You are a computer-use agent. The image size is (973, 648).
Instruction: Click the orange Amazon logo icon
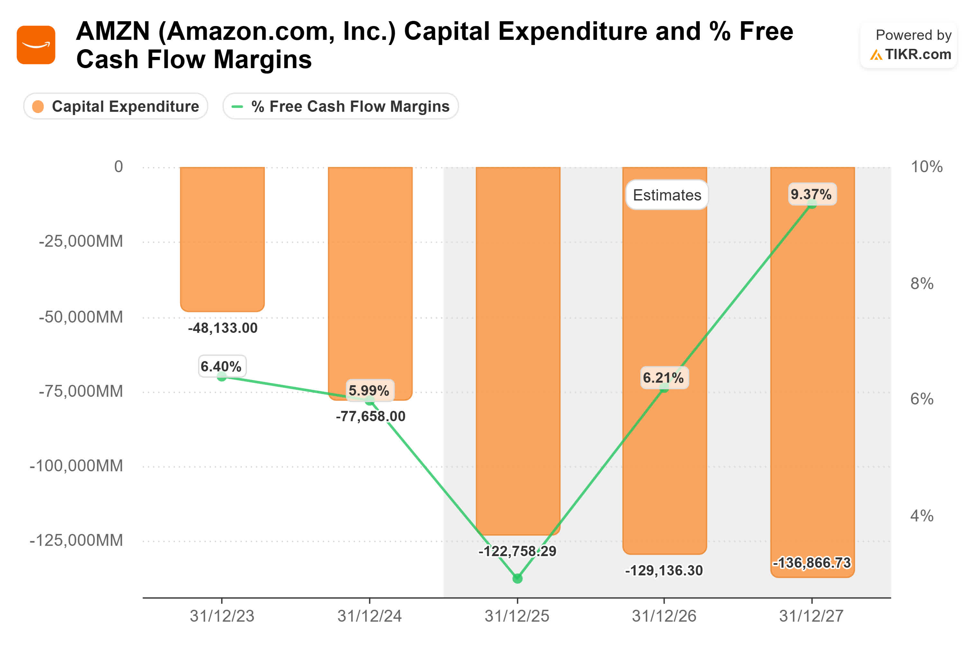(x=36, y=45)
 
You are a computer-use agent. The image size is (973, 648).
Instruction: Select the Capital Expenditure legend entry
(x=116, y=106)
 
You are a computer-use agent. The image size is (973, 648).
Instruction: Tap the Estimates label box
(x=667, y=195)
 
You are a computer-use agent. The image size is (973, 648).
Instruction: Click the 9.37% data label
(x=811, y=194)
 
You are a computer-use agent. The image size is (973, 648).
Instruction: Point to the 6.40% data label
(x=221, y=366)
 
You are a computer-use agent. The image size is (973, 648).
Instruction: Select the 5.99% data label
(x=369, y=390)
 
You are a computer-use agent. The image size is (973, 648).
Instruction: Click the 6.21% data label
(x=663, y=377)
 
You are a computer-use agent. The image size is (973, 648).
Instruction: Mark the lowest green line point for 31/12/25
(x=517, y=578)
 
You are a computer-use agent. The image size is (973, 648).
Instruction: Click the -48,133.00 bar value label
(x=223, y=328)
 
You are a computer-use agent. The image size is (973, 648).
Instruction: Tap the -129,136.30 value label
(x=664, y=570)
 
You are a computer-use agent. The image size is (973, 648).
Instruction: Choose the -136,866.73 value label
(x=812, y=563)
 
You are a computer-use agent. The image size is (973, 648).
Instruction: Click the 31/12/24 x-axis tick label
(x=369, y=616)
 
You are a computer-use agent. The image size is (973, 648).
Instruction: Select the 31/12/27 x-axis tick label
(x=811, y=616)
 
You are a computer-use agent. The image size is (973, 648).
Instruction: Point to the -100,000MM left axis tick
(x=76, y=466)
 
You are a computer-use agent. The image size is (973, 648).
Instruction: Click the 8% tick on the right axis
(x=922, y=283)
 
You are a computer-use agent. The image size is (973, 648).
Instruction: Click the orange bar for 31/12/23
(x=222, y=240)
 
